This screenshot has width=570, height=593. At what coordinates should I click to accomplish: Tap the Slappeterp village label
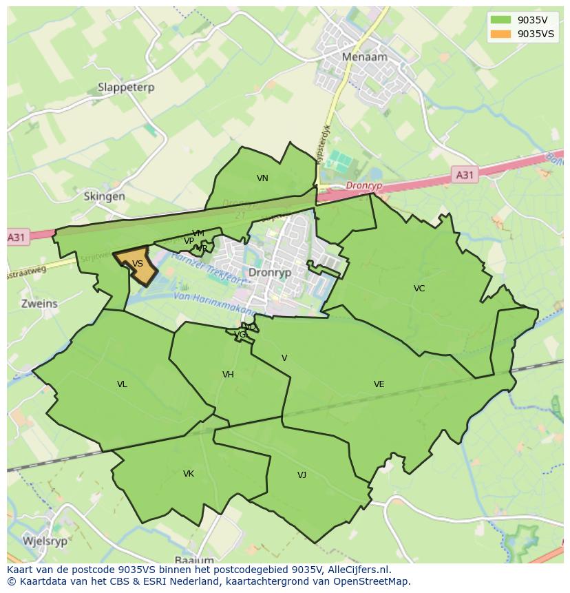coord(126,87)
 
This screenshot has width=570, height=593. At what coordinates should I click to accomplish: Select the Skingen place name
coord(104,196)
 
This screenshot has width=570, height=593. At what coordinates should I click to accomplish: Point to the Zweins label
coord(39,303)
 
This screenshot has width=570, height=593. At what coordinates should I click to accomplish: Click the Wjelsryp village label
coord(45,541)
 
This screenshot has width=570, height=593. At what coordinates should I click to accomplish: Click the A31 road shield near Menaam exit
coord(465,175)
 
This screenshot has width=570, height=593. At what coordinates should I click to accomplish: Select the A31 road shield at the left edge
coord(17,238)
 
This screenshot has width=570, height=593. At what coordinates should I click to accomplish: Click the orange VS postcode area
coord(137,264)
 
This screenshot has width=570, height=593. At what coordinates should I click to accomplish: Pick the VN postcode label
coord(262,178)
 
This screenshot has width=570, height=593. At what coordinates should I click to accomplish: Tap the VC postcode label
coord(419,289)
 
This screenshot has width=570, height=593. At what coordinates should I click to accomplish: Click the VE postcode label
coord(379,384)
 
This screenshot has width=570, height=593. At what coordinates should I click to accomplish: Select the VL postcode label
coord(122,384)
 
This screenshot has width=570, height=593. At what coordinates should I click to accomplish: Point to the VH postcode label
coord(228,375)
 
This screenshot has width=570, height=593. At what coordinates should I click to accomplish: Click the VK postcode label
coord(189,474)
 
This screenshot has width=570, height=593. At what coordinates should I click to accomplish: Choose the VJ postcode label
coord(302,475)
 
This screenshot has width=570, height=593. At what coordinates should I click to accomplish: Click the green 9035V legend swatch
coord(500,20)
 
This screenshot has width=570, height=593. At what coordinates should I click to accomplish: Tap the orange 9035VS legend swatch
coord(500,34)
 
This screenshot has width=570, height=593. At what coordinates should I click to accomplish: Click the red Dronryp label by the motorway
coord(363,186)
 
